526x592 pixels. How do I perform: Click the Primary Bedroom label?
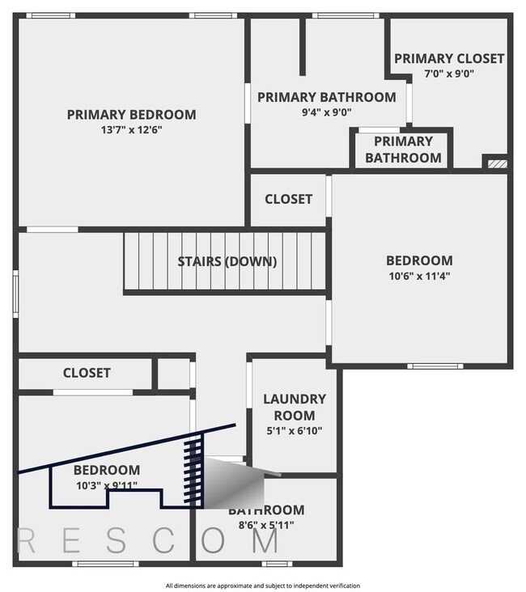pos(131,115)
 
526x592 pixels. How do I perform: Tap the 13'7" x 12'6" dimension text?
pos(131,129)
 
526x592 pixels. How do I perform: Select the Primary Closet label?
pos(449,58)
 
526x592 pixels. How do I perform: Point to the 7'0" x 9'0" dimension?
pos(449,73)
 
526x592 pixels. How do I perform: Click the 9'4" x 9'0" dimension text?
pos(326,112)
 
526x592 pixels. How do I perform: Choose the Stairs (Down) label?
pos(227,261)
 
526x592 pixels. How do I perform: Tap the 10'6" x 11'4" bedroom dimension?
pos(419,276)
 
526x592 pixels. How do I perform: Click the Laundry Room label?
pos(295,407)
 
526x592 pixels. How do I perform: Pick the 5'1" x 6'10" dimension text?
pos(295,430)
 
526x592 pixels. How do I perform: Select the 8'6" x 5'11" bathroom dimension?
pos(265,525)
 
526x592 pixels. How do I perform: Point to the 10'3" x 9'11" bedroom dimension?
pos(106,485)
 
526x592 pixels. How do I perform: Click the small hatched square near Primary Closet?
pos(497,163)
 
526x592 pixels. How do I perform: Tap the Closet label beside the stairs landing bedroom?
pos(288,199)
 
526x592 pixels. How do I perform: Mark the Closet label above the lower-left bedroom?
pos(87,373)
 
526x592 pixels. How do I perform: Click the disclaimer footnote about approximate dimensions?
pos(263,586)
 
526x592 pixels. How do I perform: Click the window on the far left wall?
pos(15,292)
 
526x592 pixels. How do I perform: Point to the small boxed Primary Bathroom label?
pos(403,150)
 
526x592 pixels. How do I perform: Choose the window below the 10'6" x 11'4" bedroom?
pos(435,366)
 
